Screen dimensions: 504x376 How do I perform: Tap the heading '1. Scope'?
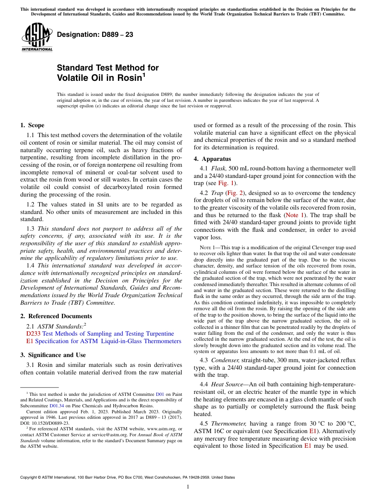32,126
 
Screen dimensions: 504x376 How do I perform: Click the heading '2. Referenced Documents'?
56,316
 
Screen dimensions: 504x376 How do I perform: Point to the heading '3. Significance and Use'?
53,355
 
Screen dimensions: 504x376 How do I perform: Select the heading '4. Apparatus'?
212,159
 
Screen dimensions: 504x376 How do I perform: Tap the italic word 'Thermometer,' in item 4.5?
230,424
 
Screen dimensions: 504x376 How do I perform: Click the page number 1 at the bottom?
188,487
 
